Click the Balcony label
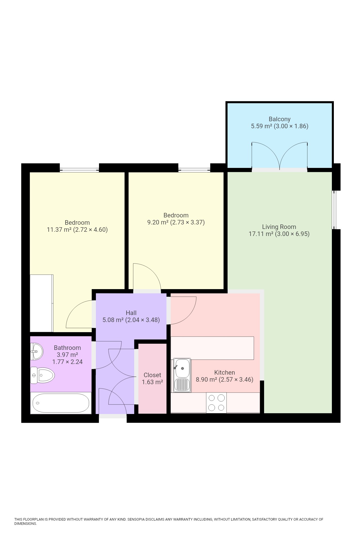coord(279,119)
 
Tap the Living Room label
coord(279,227)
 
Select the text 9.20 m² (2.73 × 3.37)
coord(176,222)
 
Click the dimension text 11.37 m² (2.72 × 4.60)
coord(77,230)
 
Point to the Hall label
coord(131,313)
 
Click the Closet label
coord(152,375)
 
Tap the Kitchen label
coord(224,372)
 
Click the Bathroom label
coord(67,348)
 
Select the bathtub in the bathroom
coord(61,403)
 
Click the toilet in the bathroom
coord(42,375)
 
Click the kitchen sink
coord(182,375)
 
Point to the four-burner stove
coord(216,402)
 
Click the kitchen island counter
coord(212,348)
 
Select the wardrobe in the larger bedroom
coord(41,303)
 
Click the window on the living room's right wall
coord(334,210)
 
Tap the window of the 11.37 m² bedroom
coord(79,170)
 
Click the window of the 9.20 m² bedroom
coord(194,170)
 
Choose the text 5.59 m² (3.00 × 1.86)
coord(280,126)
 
